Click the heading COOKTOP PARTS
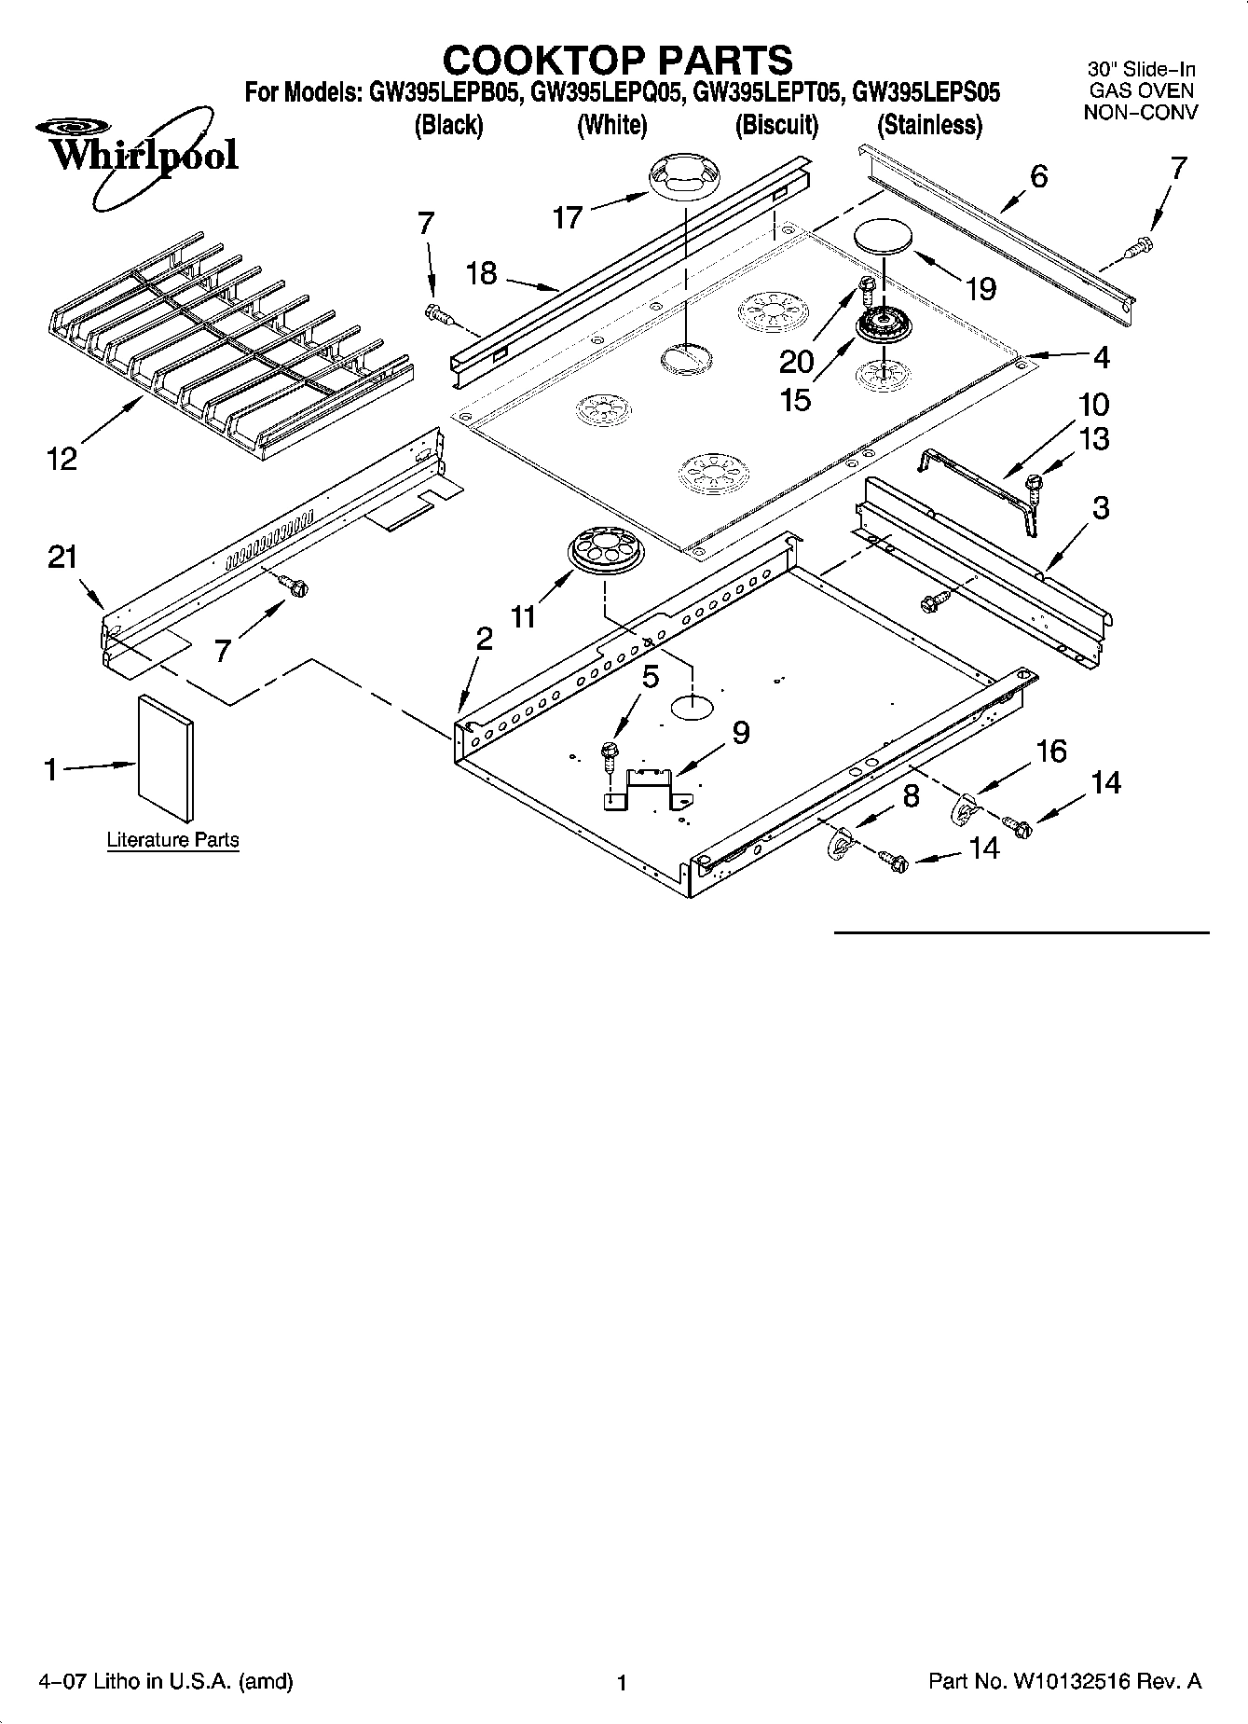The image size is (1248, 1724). click(617, 60)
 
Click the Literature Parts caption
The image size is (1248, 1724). click(172, 839)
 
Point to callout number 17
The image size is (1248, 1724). click(568, 217)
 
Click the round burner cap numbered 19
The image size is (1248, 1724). click(885, 236)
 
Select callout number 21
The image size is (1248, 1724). click(62, 557)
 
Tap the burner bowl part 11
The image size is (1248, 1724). click(604, 551)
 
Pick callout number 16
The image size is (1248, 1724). click(1050, 751)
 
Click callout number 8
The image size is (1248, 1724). click(911, 795)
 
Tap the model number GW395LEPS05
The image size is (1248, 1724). click(926, 92)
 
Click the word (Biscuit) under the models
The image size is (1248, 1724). click(776, 125)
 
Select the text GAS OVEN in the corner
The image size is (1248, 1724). click(1141, 90)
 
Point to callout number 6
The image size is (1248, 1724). click(1039, 175)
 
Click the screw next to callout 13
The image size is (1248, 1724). click(1034, 482)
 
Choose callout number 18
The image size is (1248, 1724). click(482, 273)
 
